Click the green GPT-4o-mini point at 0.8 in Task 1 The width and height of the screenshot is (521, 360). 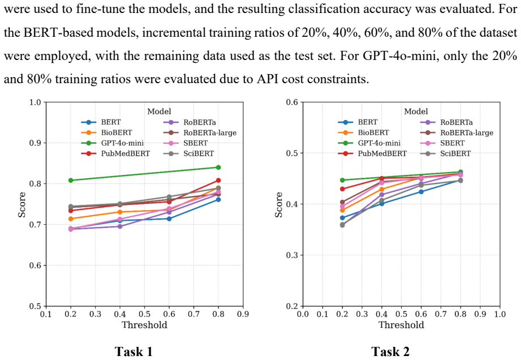[218, 167]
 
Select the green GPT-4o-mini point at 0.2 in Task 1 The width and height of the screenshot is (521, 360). [71, 180]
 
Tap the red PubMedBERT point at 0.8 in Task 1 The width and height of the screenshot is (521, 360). [218, 180]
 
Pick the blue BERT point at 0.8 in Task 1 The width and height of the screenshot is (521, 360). [218, 199]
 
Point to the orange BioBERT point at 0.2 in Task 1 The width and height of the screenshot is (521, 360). [71, 218]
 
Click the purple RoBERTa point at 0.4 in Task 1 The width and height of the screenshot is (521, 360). [119, 226]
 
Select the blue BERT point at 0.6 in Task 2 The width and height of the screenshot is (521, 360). [421, 192]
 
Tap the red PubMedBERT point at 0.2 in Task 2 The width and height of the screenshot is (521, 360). [342, 189]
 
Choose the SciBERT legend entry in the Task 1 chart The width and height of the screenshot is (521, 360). [189, 153]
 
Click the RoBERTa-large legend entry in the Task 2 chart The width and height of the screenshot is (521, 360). [457, 133]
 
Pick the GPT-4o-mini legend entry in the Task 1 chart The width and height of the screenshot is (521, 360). [113, 143]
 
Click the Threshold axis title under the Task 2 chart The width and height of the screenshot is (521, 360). [402, 325]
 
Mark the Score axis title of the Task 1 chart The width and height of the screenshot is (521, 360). [22, 205]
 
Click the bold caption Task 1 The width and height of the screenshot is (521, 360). [134, 352]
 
